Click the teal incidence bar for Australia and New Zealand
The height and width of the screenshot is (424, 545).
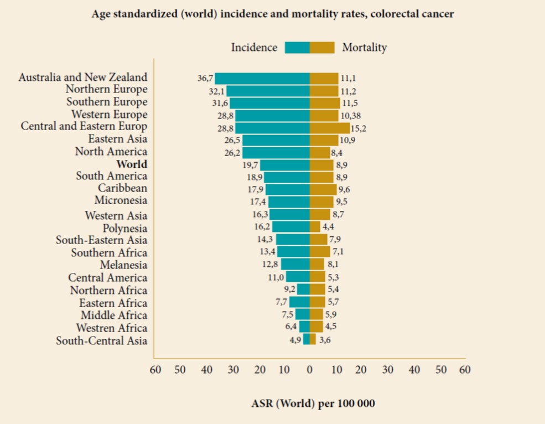coord(262,78)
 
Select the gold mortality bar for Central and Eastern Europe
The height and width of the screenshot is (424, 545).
coord(330,128)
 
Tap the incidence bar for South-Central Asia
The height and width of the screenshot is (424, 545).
coord(307,339)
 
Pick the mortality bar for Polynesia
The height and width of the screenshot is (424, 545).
coord(315,226)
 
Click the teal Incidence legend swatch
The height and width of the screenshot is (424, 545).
coord(297,48)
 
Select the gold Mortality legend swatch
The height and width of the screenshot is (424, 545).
coord(322,48)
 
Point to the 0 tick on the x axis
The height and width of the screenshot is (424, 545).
coord(309,370)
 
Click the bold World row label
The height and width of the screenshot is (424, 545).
coord(132,164)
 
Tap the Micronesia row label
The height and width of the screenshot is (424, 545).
coord(121,200)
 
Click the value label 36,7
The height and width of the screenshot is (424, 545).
coord(205,78)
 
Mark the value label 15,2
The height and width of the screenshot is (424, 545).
coord(359,128)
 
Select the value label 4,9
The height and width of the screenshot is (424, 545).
coord(295,340)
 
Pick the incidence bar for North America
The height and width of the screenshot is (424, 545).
coord(276,153)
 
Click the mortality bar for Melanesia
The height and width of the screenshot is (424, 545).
coord(317,264)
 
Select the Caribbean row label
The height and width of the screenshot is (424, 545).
coord(122,188)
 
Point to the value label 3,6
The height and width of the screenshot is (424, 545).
coord(325,340)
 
